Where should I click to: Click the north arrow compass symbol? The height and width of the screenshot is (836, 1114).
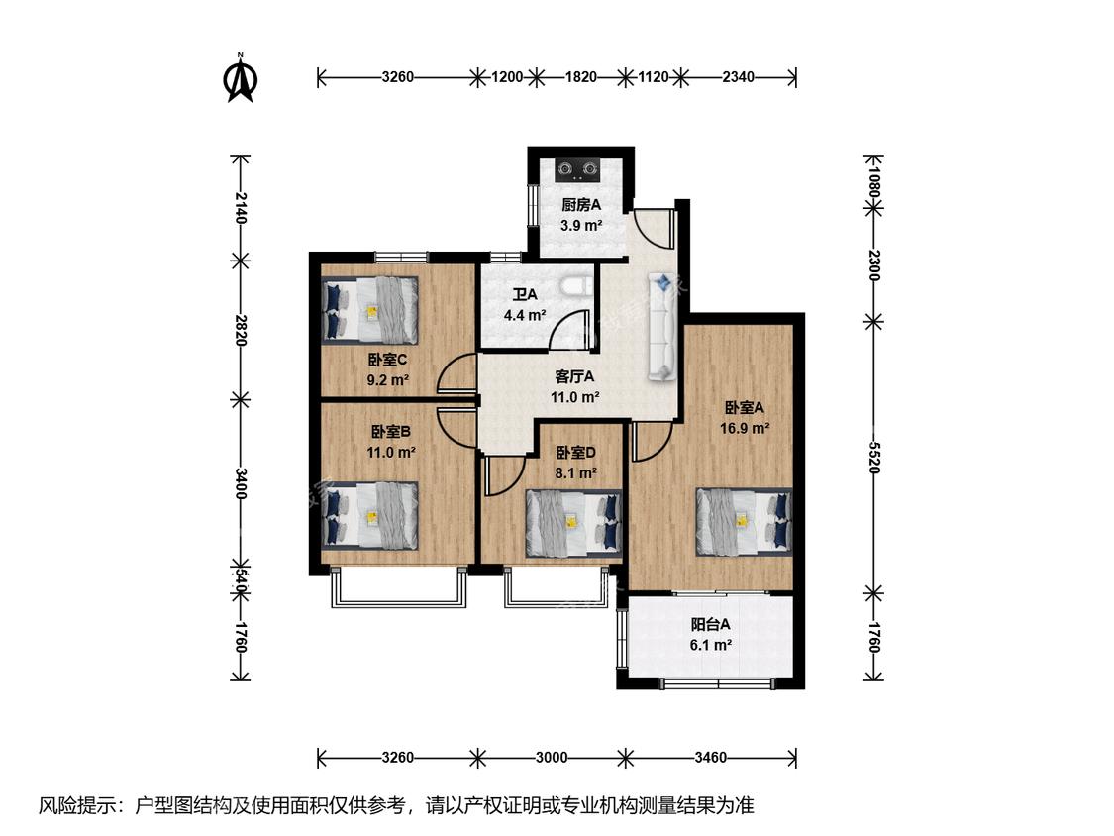click(x=241, y=78)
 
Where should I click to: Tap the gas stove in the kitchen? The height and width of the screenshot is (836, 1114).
click(x=577, y=169)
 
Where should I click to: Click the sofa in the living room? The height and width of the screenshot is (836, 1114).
click(x=660, y=328)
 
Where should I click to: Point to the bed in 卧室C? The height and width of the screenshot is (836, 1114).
click(x=369, y=310)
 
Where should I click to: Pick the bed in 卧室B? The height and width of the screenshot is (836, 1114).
click(x=369, y=515)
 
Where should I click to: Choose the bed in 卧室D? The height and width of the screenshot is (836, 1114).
click(x=573, y=523)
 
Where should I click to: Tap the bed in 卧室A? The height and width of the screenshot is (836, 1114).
click(x=743, y=521)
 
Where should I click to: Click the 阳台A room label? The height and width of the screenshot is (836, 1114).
click(x=710, y=625)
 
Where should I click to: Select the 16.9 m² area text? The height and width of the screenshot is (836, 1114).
click(x=745, y=428)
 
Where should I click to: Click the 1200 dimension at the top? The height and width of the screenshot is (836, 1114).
click(x=507, y=77)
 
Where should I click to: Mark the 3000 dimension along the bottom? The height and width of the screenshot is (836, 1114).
click(x=552, y=757)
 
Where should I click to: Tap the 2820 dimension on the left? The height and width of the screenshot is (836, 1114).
click(x=241, y=330)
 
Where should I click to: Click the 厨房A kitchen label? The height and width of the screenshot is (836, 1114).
click(x=581, y=205)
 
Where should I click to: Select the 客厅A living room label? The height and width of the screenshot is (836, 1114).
click(x=574, y=376)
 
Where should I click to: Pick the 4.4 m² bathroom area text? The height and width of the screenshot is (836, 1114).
click(x=525, y=314)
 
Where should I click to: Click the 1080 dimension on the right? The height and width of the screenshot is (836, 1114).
click(x=873, y=181)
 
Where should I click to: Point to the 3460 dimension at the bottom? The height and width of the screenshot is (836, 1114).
click(x=710, y=757)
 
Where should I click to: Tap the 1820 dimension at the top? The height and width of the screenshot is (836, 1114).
click(x=580, y=77)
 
